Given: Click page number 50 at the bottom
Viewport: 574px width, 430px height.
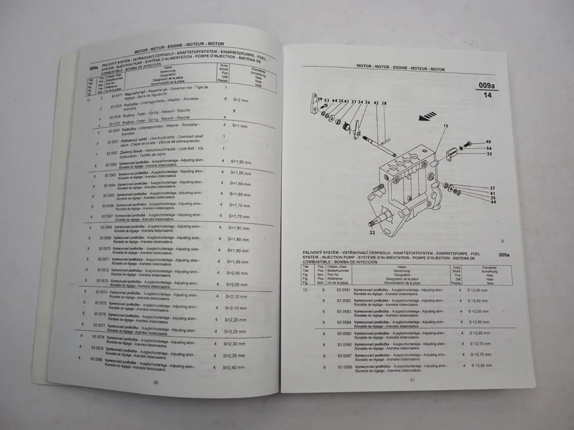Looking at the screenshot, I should tap(156, 382).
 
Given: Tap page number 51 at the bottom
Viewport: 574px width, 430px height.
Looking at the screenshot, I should tap(412, 380).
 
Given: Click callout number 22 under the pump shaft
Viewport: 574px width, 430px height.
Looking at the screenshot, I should tap(372, 232).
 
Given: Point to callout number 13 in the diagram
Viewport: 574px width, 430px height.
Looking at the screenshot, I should tap(445, 126).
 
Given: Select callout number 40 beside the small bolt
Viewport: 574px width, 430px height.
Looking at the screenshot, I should tap(488, 142).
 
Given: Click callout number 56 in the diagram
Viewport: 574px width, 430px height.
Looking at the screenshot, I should tap(489, 148).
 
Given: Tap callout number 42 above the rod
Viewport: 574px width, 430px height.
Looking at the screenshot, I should tap(376, 103).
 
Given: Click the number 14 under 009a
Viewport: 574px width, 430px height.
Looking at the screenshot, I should tap(487, 95).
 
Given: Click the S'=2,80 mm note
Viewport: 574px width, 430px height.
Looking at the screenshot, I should tap(481, 365).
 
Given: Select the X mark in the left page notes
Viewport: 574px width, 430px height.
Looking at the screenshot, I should tap(234, 111).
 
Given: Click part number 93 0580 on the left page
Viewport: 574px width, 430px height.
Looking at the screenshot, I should tap(96, 359).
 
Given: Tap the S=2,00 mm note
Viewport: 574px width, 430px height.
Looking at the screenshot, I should tap(237, 273).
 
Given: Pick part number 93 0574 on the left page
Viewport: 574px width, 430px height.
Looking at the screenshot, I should tap(101, 292).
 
